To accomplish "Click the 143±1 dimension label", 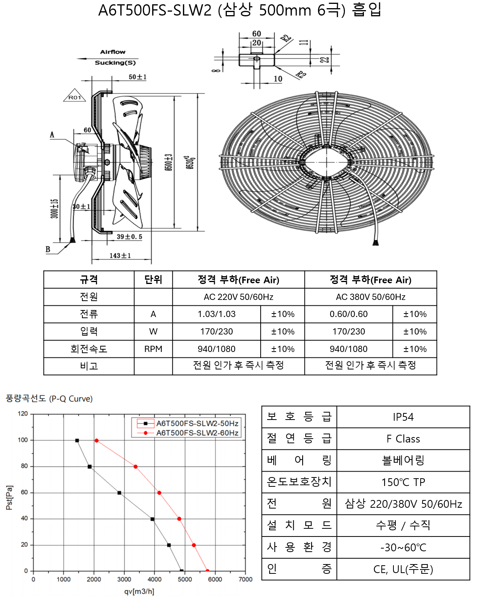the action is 120,256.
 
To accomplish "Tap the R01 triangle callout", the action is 75,96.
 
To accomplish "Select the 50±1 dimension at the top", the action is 137,77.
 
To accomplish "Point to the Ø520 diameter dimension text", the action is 190,162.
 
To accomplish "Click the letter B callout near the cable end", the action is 48,249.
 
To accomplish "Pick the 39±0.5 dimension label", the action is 129,237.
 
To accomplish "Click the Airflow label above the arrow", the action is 113,52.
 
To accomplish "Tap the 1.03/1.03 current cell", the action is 216,314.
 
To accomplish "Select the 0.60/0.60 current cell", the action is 348,314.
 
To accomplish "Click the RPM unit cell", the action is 153,349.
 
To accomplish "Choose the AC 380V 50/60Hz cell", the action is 371,297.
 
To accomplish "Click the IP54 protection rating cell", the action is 403,417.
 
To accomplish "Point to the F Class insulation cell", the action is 403,439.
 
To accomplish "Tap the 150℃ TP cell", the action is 403,482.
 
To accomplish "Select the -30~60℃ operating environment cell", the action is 403,548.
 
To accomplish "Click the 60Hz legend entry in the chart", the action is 188,433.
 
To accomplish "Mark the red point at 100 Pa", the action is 97,441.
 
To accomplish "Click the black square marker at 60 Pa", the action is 119,493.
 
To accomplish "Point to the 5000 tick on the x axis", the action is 184,579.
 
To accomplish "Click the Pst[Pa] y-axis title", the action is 9,498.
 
